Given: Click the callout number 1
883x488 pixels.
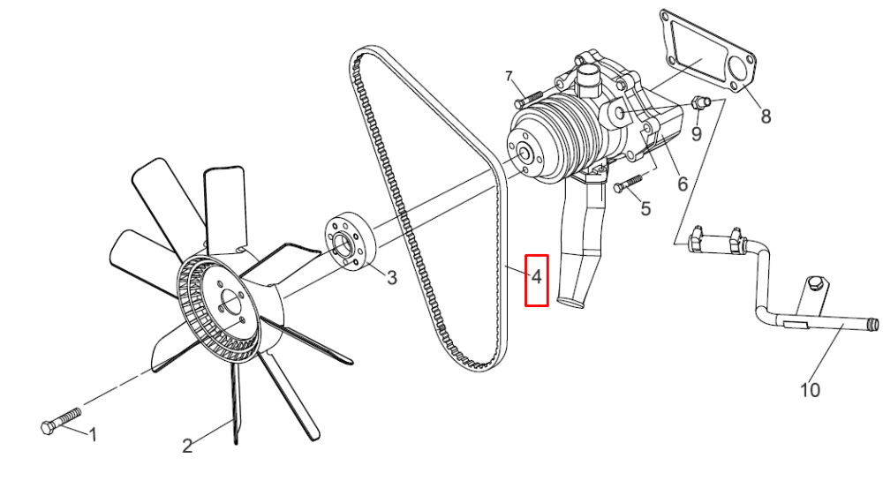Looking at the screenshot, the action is [94, 434].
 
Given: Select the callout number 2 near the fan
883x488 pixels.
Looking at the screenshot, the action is [187, 446].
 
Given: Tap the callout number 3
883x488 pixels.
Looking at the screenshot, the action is [391, 277].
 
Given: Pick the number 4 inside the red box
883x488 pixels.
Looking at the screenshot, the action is [536, 277].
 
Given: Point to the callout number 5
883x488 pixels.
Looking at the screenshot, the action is [645, 209].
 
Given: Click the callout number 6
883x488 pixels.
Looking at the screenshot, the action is [683, 184].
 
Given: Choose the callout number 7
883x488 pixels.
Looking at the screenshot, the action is [509, 76].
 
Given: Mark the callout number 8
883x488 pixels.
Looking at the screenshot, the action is [766, 116].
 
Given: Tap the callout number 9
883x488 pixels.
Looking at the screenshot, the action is [697, 134].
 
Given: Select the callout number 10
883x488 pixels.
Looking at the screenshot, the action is [810, 389].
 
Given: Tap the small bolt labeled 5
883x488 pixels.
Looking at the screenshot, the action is [626, 184].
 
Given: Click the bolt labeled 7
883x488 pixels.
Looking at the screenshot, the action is [528, 99].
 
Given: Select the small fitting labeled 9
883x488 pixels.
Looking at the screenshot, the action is [701, 102].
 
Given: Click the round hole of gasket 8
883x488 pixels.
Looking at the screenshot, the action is [737, 69].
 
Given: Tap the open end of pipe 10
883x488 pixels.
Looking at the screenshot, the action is [873, 325].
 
